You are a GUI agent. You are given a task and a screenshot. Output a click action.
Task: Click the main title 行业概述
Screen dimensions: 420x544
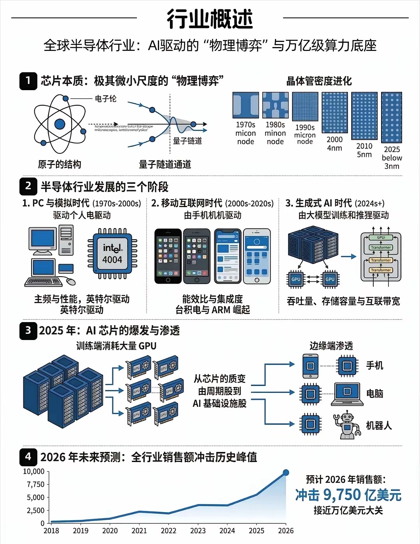pyautogui.click(x=210, y=19)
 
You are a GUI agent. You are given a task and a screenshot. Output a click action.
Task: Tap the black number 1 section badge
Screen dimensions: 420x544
pyautogui.click(x=28, y=81)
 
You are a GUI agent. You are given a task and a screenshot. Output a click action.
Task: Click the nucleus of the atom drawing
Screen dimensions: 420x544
pyautogui.click(x=59, y=124)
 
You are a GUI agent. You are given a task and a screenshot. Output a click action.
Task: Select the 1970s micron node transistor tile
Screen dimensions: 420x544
pyautogui.click(x=245, y=105)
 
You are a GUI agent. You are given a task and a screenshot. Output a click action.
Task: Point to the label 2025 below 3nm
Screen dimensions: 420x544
pyautogui.click(x=392, y=158)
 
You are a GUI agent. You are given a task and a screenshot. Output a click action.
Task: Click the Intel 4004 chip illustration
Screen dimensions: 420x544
pyautogui.click(x=112, y=254)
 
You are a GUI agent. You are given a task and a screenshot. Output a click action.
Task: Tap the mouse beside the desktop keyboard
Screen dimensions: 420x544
pyautogui.click(x=71, y=281)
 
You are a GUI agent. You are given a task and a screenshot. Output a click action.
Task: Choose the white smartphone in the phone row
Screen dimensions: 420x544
pyautogui.click(x=257, y=256)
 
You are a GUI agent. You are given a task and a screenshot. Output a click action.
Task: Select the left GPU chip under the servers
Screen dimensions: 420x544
pyautogui.click(x=296, y=279)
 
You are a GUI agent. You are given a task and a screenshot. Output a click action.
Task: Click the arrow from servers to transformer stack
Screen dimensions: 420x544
pyautogui.click(x=348, y=256)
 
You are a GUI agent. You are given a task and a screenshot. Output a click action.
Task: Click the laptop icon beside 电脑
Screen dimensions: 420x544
pyautogui.click(x=347, y=394)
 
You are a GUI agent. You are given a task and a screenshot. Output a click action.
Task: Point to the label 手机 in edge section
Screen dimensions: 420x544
pyautogui.click(x=374, y=365)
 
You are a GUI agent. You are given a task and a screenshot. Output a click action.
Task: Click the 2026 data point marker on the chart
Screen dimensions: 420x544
pyautogui.click(x=286, y=473)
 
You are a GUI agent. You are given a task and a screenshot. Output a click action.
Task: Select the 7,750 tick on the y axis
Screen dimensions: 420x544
pyautogui.click(x=35, y=485)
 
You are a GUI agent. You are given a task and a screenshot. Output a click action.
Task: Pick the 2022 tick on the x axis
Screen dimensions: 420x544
pyautogui.click(x=168, y=531)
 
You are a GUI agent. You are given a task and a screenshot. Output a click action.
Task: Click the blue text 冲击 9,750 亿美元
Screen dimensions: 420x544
pyautogui.click(x=348, y=495)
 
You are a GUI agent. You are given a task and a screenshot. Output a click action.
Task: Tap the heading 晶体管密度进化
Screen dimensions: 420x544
pyautogui.click(x=319, y=81)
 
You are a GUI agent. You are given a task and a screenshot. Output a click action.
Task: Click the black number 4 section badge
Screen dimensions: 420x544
pyautogui.click(x=28, y=457)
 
